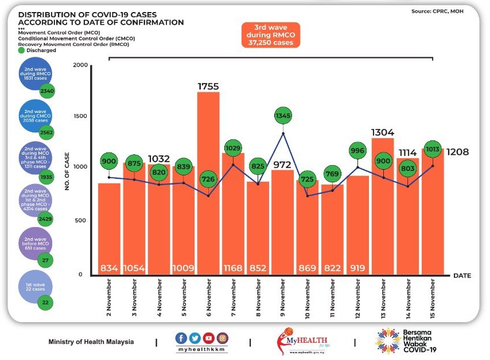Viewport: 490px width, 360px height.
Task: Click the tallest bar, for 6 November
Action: click(208, 183)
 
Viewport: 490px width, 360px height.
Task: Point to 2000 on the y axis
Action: click(80, 66)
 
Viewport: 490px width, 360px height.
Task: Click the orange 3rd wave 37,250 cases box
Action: click(270, 35)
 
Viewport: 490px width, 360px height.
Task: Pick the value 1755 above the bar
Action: click(209, 86)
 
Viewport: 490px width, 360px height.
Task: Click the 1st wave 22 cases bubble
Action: click(35, 286)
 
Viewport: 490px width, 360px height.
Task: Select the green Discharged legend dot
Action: click(21, 50)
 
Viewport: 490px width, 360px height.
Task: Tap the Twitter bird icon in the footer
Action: click(195, 338)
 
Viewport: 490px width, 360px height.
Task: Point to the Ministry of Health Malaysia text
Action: click(91, 342)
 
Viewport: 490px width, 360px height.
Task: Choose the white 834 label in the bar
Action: click(110, 268)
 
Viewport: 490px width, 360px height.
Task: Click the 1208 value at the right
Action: click(458, 153)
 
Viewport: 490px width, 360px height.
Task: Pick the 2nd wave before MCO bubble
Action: click(35, 243)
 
